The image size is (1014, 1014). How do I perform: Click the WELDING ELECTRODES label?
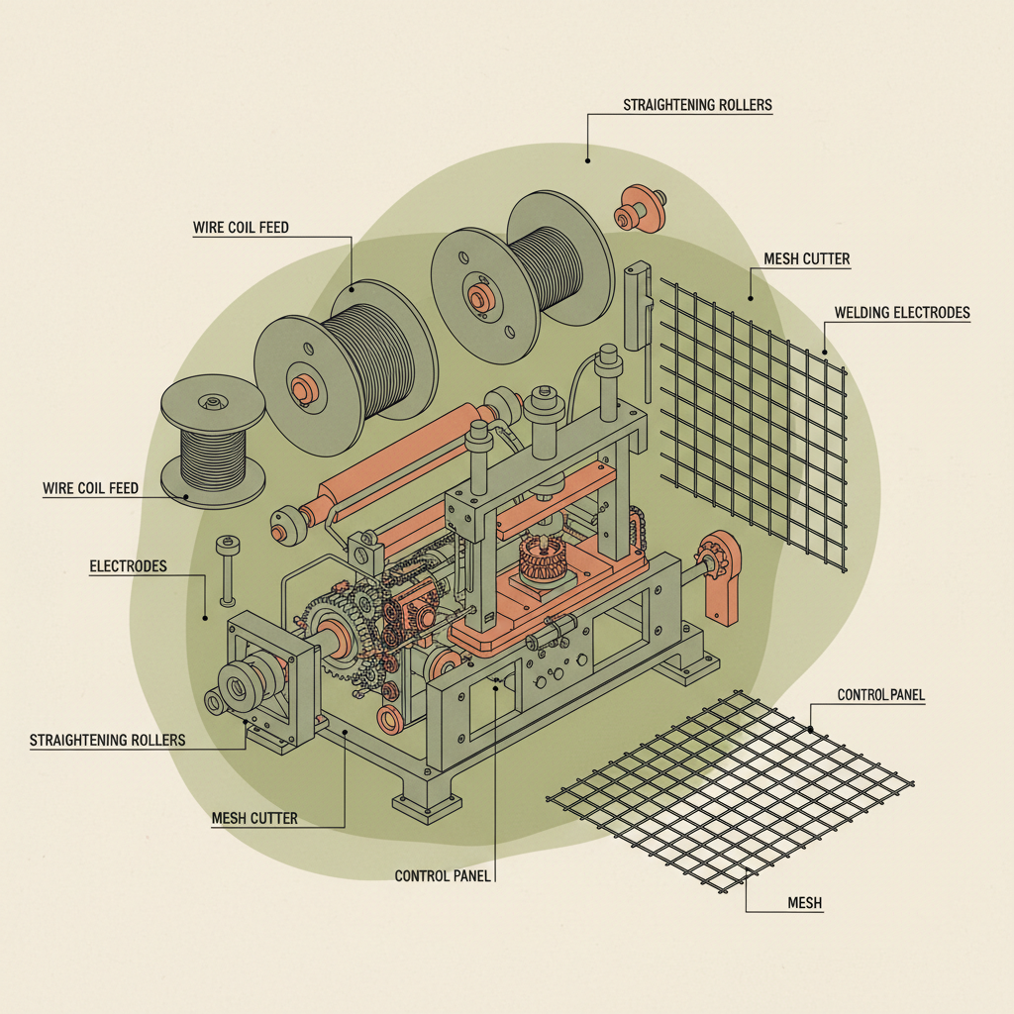[x=901, y=313]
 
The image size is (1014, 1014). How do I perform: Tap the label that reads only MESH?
[x=804, y=903]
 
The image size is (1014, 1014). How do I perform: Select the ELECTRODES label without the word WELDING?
[x=128, y=566]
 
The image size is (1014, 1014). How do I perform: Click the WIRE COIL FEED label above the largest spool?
[x=241, y=228]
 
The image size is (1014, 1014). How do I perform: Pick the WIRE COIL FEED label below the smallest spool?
[x=90, y=488]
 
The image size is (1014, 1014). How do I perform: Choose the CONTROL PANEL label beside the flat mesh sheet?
[x=880, y=695]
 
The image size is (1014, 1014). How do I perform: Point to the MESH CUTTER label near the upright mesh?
[x=806, y=259]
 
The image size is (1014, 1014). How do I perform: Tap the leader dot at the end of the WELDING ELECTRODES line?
[x=824, y=352]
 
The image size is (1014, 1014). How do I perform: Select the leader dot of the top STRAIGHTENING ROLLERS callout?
[x=587, y=158]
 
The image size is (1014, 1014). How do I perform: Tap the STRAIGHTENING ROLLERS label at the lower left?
[x=107, y=740]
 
